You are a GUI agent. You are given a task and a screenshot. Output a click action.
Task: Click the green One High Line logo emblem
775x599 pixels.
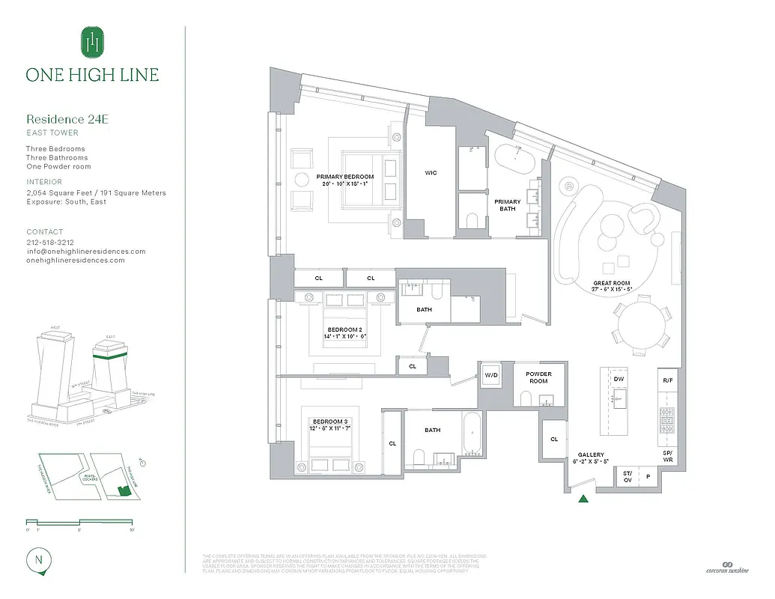[x=92, y=41]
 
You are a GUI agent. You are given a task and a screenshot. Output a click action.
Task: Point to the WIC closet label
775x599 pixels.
[x=431, y=173]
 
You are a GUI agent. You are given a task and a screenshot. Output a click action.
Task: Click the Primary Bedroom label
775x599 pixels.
[x=344, y=180]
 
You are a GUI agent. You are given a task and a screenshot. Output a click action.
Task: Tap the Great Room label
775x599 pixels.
[x=612, y=287]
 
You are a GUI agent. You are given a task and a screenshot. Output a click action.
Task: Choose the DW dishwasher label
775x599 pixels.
[x=619, y=380]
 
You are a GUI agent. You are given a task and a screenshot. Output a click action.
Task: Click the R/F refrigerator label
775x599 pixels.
[x=668, y=380]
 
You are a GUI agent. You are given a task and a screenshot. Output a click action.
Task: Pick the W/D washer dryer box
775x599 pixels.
[x=492, y=375]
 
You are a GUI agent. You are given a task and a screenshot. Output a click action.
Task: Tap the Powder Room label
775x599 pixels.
[x=538, y=377]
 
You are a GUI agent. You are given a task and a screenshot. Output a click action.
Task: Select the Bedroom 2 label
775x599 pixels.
[x=344, y=333]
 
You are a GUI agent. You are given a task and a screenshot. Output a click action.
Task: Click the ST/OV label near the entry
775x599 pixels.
[x=627, y=476]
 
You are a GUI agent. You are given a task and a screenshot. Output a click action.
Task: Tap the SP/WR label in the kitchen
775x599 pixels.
[x=668, y=456]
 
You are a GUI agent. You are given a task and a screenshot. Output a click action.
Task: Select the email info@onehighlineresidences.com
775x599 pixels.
[x=86, y=252]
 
